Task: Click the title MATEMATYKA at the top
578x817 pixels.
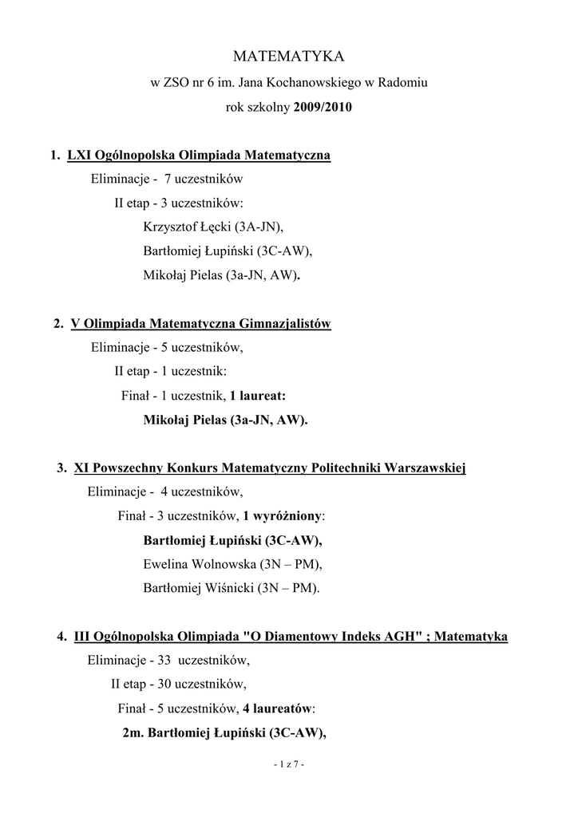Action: click(x=288, y=57)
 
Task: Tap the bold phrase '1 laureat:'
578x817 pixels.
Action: click(x=257, y=395)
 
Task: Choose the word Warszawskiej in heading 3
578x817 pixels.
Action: click(x=425, y=468)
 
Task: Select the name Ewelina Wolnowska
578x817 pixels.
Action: click(x=199, y=564)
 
